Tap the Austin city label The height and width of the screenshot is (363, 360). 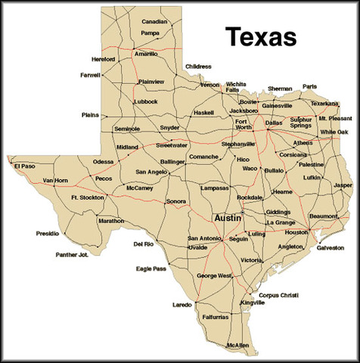pos(228,217)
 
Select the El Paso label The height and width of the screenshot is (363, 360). pos(25,165)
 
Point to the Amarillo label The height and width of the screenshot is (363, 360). pos(146,54)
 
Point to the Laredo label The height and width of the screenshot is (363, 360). pos(183,305)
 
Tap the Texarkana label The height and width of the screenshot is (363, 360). pos(324,103)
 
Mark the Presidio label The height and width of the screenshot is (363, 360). pos(47,234)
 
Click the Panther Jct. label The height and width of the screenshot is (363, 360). pos(73,255)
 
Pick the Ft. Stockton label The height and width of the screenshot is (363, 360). pos(85,197)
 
